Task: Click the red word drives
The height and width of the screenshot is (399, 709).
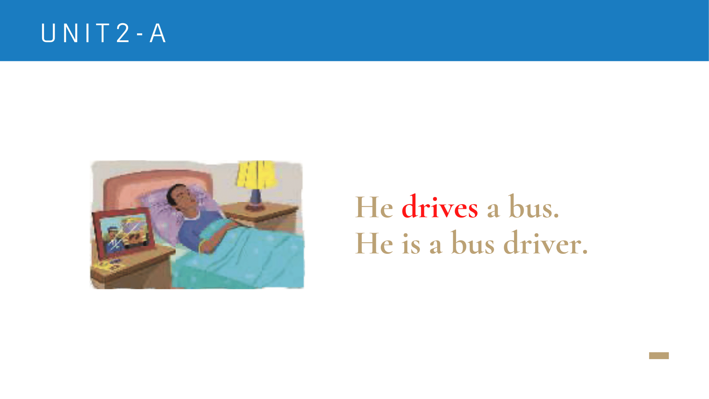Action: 440,207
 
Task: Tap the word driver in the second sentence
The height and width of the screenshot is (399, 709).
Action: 545,243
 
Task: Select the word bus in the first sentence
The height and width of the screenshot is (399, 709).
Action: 534,207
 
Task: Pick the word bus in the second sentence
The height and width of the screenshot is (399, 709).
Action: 473,243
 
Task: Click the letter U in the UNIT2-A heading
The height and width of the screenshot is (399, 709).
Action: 48,33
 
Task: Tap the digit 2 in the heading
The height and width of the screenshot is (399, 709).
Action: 123,33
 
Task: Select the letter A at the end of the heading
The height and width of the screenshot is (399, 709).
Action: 157,33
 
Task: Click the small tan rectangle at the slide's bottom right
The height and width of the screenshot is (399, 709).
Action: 659,355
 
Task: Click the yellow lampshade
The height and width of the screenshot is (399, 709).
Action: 257,175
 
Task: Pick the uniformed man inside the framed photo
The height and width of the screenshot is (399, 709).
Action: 113,239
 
